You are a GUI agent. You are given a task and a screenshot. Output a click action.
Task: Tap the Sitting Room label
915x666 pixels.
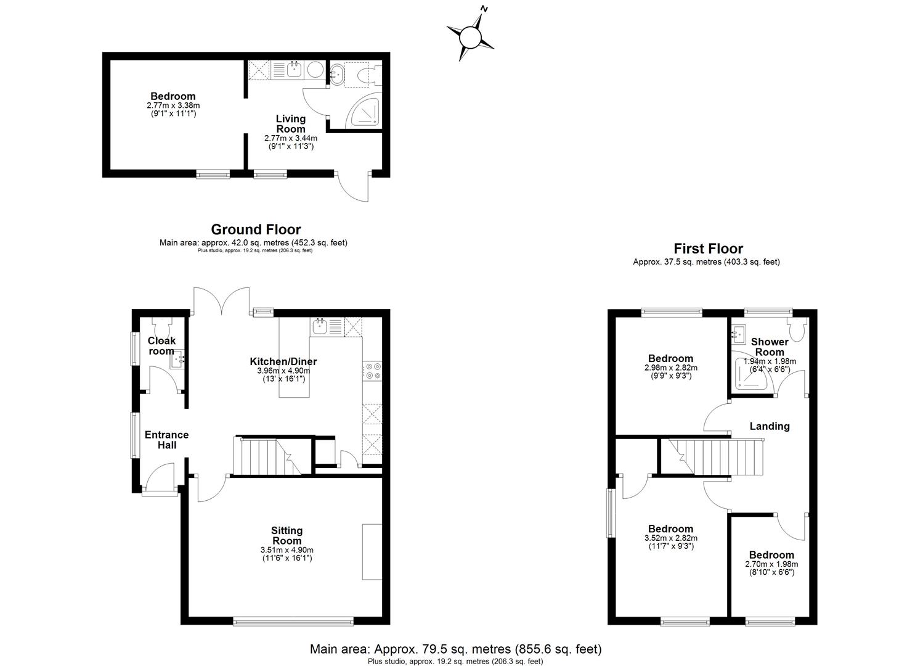click(x=287, y=535)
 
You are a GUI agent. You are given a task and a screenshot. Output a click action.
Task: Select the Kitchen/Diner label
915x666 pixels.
click(x=283, y=361)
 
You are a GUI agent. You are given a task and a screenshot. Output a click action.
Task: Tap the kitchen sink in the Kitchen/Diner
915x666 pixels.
click(x=319, y=326)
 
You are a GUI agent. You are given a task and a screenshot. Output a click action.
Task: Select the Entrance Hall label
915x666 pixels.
click(x=166, y=440)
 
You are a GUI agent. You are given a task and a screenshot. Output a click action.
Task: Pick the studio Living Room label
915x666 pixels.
click(x=290, y=124)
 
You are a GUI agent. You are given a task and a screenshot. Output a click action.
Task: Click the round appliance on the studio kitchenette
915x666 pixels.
click(x=315, y=70)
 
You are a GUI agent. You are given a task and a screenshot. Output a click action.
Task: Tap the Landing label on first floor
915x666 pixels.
click(x=769, y=426)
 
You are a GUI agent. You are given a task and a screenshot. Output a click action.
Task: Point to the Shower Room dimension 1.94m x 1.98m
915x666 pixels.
click(x=770, y=361)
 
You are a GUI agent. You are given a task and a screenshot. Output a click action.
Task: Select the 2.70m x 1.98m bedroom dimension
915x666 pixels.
click(x=771, y=564)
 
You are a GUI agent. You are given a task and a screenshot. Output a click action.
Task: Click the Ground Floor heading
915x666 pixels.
click(x=256, y=230)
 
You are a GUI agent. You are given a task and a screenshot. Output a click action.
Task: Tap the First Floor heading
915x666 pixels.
click(x=708, y=249)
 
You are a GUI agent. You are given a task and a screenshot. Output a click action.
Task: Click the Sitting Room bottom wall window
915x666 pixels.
click(x=293, y=620)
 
